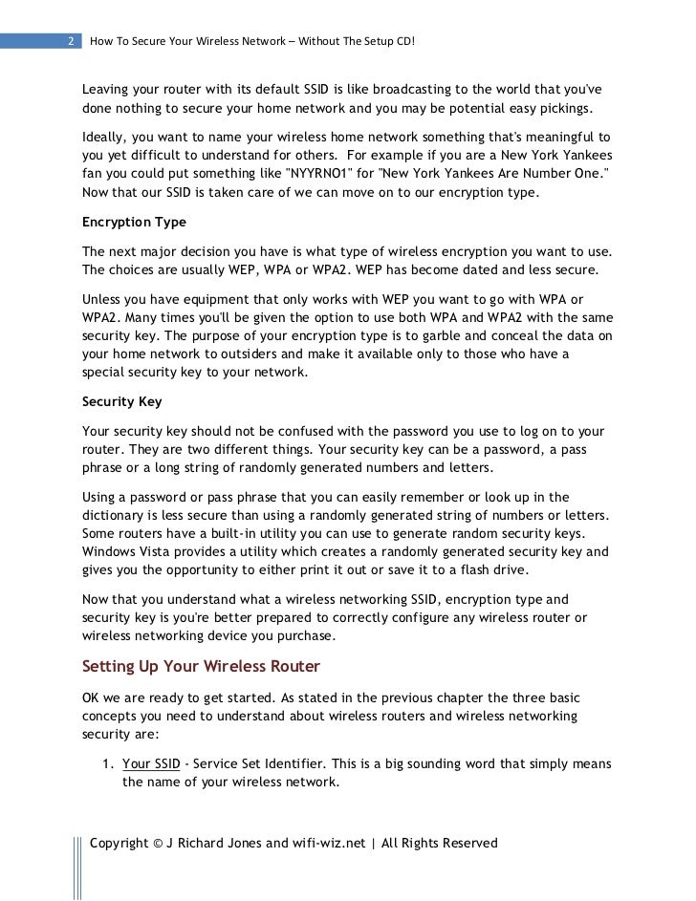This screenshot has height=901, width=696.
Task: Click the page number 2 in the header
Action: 72,42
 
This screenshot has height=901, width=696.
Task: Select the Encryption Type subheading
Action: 135,222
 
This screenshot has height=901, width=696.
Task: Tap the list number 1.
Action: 106,764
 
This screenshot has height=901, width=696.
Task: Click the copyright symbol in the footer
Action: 158,844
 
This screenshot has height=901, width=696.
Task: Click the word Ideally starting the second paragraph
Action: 108,138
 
